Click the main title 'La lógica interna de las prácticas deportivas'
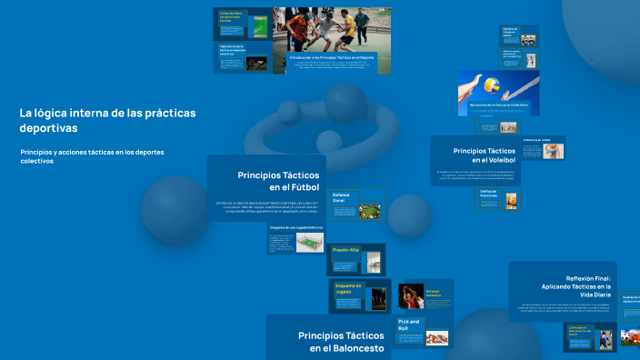click(107, 120)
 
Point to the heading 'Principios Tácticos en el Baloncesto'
click(341, 341)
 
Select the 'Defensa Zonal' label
click(342, 197)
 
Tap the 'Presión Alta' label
click(345, 249)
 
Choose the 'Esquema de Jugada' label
click(348, 288)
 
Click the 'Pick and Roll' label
click(409, 325)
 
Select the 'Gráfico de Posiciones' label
click(488, 194)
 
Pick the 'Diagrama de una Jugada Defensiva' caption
click(295, 227)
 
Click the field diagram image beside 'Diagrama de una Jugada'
click(309, 243)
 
